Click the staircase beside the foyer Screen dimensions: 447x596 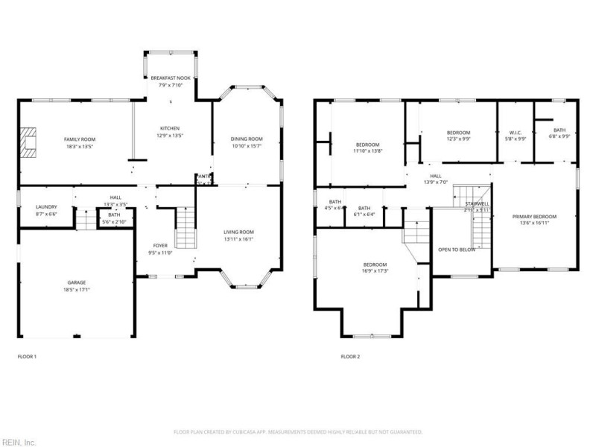[186, 228]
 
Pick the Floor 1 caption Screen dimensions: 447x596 [27, 357]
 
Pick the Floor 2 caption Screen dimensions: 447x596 [350, 357]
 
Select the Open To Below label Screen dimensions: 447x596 [456, 250]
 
